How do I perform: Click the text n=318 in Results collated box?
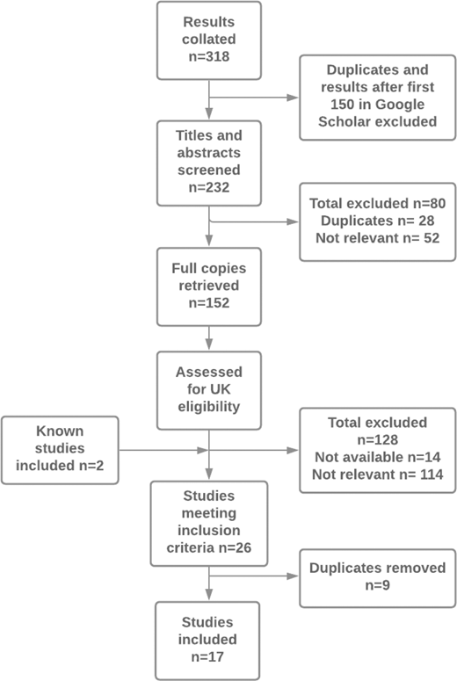(209, 56)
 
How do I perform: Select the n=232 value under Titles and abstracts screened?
(209, 188)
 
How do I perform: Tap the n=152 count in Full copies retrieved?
(209, 302)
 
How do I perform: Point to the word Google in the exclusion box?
(399, 105)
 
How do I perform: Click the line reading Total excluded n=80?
(378, 203)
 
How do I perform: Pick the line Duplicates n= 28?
(378, 221)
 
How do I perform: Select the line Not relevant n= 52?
(378, 238)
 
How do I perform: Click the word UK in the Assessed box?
(220, 389)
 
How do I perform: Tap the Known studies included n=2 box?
(60, 450)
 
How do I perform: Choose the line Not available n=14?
(378, 457)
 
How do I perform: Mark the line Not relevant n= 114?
(378, 475)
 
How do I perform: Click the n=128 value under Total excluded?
(378, 440)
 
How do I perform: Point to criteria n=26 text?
(209, 547)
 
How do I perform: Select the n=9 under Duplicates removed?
(378, 585)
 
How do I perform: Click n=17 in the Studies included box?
(207, 656)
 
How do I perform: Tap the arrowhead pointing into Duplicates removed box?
(293, 576)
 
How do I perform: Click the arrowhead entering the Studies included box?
(209, 594)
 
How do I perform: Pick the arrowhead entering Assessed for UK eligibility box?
(209, 344)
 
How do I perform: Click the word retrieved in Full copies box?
(209, 286)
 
